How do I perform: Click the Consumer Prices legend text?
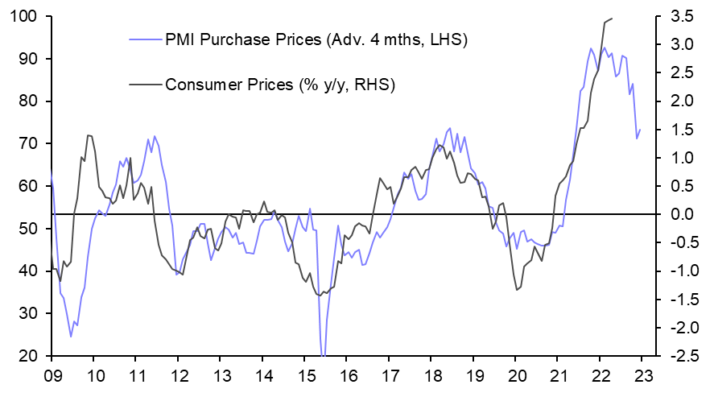click(x=279, y=84)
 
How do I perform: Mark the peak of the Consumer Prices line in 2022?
click(x=612, y=18)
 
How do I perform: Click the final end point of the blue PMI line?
click(x=640, y=130)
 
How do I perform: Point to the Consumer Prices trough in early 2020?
click(x=516, y=290)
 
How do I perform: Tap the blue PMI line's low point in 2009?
click(x=71, y=337)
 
